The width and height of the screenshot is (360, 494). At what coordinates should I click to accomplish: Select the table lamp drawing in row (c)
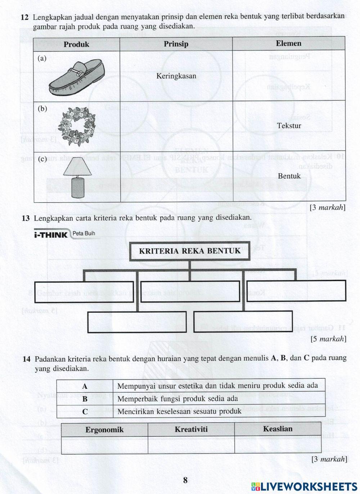77,178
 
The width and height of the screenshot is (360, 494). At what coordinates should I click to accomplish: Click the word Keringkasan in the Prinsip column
176,76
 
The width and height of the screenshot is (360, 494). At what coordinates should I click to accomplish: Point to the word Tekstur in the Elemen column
289,126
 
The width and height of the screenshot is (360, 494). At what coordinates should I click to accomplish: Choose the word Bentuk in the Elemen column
289,176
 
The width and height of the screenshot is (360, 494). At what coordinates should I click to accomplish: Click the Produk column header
76,44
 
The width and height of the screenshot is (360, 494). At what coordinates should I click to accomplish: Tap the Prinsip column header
176,44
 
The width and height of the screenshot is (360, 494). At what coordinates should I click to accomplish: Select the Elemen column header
288,44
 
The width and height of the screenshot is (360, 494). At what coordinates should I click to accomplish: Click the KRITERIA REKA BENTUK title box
190,251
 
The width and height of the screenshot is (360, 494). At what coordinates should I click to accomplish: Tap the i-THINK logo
51,235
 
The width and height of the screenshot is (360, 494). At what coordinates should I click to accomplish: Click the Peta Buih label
84,233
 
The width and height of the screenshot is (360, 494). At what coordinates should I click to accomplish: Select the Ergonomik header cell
104,430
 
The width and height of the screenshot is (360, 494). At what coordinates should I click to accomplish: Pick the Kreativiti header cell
191,429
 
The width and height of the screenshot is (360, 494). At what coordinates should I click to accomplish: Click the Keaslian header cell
278,429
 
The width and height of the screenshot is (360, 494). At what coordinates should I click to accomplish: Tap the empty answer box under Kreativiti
191,445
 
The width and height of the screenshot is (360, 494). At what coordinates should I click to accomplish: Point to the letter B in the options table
85,399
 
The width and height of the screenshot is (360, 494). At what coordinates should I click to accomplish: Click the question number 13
26,218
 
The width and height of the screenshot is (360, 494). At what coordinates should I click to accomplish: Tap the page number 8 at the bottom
185,480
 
